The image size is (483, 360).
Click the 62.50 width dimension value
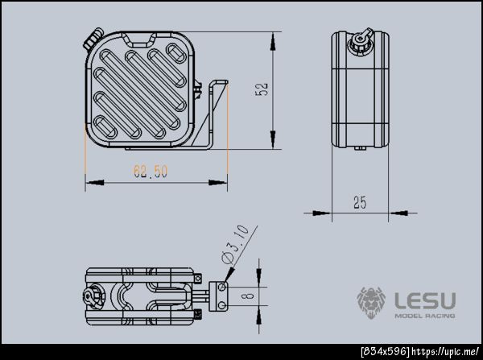(151, 172)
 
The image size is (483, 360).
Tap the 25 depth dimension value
(360, 202)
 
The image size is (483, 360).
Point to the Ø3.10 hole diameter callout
(235, 245)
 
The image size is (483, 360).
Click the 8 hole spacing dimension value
(249, 296)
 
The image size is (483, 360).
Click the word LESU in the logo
(425, 301)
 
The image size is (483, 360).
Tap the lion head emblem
(371, 303)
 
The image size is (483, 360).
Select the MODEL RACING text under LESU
(425, 316)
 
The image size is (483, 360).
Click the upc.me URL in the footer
(445, 351)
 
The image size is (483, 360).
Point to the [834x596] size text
(386, 351)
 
